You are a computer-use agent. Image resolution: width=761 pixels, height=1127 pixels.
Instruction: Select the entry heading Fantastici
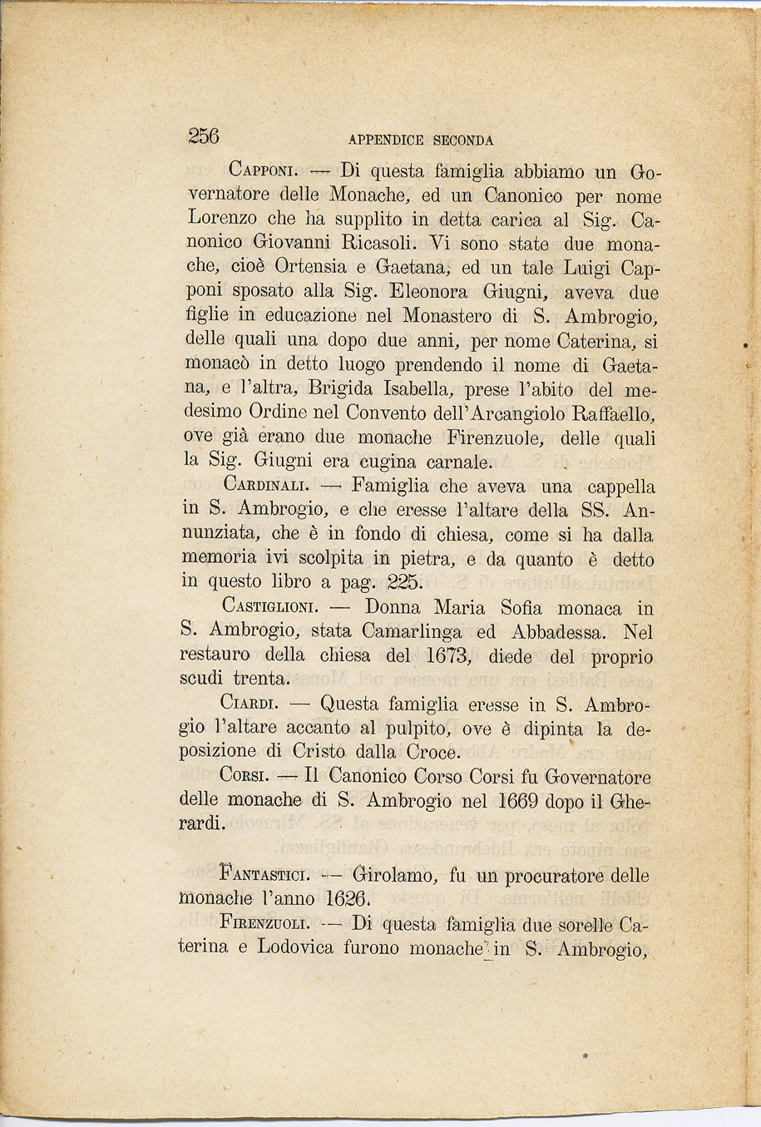coord(265,876)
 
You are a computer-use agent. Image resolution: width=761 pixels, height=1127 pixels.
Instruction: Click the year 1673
coord(449,656)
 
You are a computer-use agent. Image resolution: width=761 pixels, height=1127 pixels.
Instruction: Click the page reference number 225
coord(404,583)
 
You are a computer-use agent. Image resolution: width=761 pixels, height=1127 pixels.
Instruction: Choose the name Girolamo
coord(393,876)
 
